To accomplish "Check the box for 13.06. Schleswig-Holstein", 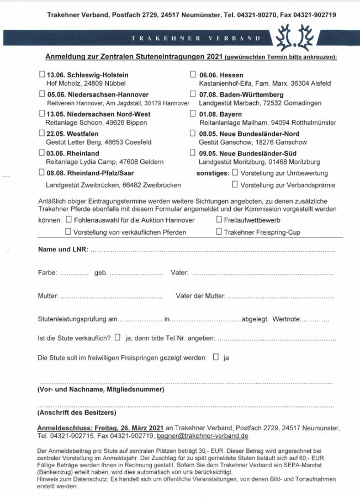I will click(x=43, y=75).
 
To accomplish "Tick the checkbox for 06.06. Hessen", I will click(x=193, y=75).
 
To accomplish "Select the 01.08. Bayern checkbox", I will click(x=193, y=114).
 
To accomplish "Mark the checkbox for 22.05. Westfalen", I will click(x=43, y=133).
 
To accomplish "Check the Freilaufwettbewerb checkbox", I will click(x=219, y=219).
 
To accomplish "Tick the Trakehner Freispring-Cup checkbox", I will click(x=219, y=232).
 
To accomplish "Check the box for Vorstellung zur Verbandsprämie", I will click(x=235, y=184).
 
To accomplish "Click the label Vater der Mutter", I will click(x=200, y=296).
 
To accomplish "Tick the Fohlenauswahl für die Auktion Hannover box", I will click(x=69, y=219).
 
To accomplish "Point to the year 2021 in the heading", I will click(x=214, y=57).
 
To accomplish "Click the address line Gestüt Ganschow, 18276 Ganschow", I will click(x=245, y=142).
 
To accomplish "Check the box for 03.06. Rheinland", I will click(x=43, y=153).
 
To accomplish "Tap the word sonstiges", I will click(x=213, y=173).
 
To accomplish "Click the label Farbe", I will click(x=47, y=273).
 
